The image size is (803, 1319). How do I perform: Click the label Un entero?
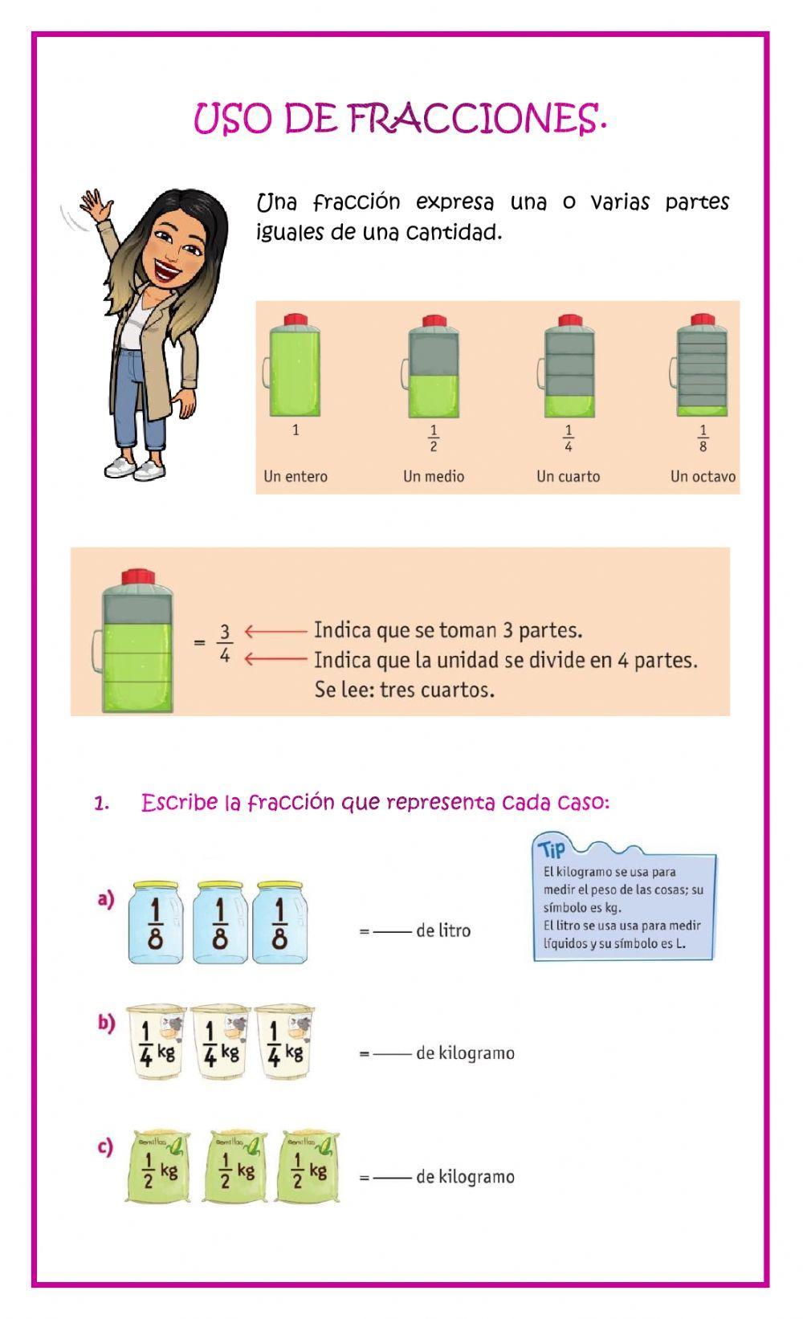tap(296, 476)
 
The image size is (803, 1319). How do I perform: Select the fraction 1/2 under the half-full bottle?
tap(434, 439)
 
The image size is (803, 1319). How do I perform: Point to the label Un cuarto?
tap(568, 476)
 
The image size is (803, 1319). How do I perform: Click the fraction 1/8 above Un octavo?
tap(703, 439)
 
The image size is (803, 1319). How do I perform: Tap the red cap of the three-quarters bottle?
tap(137, 577)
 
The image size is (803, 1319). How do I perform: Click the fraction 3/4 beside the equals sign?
tap(225, 645)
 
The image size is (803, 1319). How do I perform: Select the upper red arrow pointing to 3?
tap(275, 631)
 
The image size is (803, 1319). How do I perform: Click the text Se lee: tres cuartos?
tap(404, 690)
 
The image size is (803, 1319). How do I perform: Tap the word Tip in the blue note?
tap(552, 849)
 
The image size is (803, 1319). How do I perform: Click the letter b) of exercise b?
tap(106, 1023)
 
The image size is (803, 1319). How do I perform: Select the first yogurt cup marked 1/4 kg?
tap(156, 1042)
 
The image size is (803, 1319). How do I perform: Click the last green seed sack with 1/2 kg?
tap(307, 1168)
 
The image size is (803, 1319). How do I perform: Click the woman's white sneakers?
tap(135, 468)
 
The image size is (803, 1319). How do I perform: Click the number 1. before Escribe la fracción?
tap(101, 804)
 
